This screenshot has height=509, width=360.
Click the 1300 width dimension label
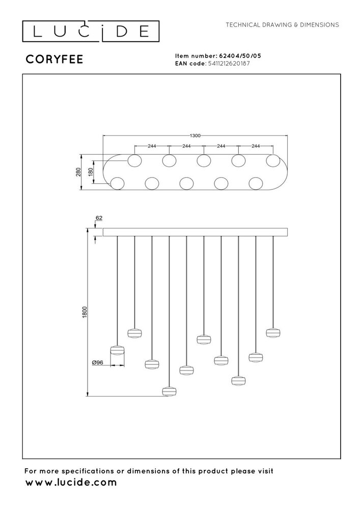pos(195,136)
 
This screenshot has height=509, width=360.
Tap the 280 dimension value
pos(78,172)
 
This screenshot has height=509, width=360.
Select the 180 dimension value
pos(91,172)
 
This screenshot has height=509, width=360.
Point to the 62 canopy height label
pos(99,218)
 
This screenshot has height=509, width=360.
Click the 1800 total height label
pos(85,313)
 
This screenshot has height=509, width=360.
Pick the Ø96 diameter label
pos(97,362)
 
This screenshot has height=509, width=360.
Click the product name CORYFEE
pos(54,59)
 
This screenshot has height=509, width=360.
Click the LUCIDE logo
pos(91,32)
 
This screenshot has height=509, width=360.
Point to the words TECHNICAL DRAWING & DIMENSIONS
pos(283,24)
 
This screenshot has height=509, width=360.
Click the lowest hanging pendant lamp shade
pos(169,391)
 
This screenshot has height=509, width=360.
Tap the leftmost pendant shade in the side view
pos(118,350)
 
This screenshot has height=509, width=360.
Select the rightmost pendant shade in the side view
pos(273,333)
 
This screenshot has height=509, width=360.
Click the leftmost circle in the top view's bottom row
pos(117,184)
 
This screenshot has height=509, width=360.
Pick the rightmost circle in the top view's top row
pos(273,161)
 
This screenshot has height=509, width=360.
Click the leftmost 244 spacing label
pos(152,146)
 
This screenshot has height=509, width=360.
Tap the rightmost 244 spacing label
pos(256,146)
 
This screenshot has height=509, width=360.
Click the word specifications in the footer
pos(88,471)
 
